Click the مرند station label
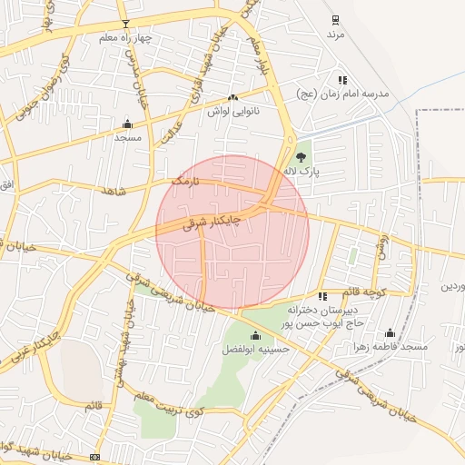(x=338, y=34)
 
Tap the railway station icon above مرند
(x=336, y=19)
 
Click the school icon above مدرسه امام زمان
(x=342, y=80)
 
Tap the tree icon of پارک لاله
(x=301, y=157)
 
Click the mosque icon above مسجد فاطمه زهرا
(x=391, y=333)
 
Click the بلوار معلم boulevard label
(x=262, y=56)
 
